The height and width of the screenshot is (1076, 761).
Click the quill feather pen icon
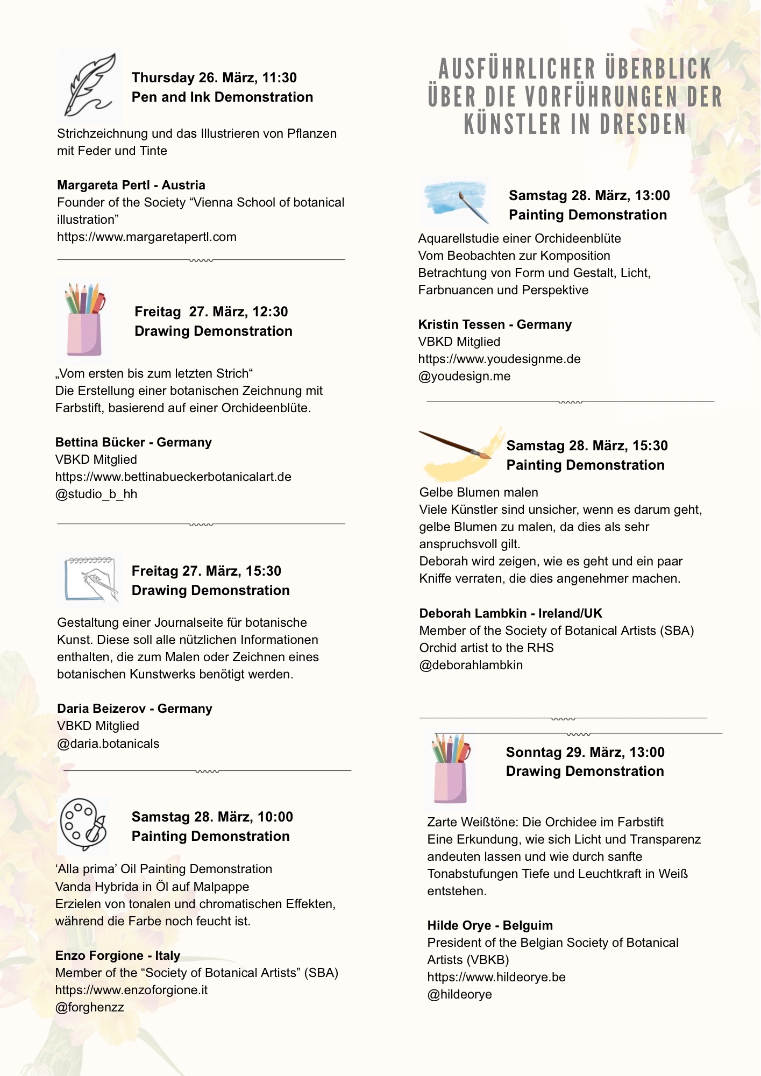pos(89,85)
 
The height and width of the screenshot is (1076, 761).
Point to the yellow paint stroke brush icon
pos(461,453)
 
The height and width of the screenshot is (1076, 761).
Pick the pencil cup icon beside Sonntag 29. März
pos(451,769)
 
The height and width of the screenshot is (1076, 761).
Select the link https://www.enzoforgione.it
pos(131,990)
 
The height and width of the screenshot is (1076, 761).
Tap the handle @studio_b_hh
pos(96,494)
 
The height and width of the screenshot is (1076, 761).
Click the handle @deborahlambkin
pos(471,665)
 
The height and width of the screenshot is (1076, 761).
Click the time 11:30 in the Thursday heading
pos(279,77)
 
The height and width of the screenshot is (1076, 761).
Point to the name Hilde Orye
pos(459,925)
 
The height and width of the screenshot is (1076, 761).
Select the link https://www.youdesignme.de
pos(499,359)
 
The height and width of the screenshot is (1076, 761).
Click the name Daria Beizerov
pos(101,709)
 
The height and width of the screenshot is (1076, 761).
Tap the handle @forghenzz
pos(89,1007)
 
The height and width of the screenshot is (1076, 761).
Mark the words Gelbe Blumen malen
pos(479,492)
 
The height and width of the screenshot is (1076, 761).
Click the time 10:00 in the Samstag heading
pos(275,817)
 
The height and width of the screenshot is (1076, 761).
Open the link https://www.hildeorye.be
pos(496,977)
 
